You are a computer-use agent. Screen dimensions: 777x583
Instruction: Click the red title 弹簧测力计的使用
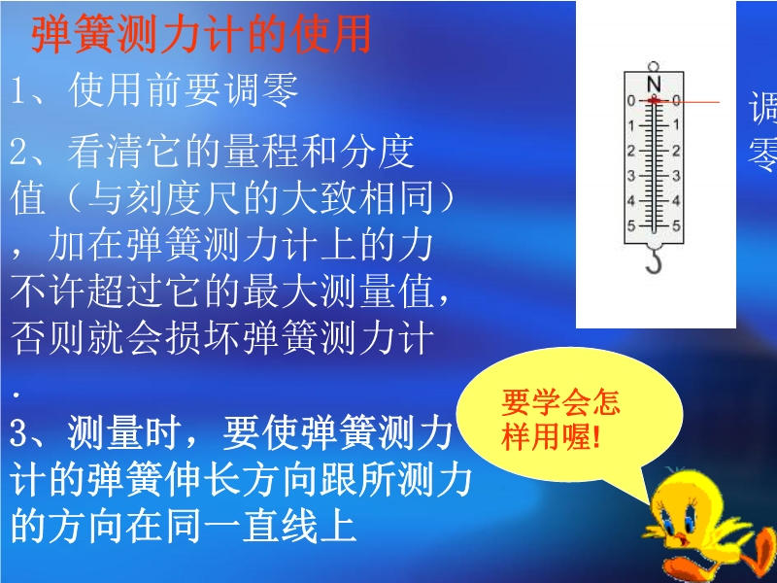click(x=201, y=35)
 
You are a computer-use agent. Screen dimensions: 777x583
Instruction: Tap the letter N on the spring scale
click(x=654, y=84)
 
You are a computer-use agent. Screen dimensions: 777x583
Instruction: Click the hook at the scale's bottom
click(x=654, y=261)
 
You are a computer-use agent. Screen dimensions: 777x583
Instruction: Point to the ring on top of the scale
click(x=654, y=67)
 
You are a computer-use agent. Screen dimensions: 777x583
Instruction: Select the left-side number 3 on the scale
click(x=630, y=176)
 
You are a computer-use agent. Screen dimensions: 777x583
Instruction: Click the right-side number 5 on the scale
click(x=676, y=226)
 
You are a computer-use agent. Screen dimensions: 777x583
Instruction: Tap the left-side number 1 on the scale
click(x=630, y=125)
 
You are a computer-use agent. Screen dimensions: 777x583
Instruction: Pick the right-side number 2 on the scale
click(x=676, y=151)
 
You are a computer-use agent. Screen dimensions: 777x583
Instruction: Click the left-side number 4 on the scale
click(x=630, y=201)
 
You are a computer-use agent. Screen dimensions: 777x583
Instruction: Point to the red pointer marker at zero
click(x=654, y=101)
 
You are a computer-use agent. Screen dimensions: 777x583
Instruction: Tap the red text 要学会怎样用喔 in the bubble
click(x=560, y=420)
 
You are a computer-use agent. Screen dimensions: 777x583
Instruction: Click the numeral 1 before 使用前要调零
click(x=17, y=90)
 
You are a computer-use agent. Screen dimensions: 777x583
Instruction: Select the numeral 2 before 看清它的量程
click(x=18, y=153)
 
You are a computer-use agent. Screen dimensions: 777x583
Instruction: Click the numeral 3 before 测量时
click(x=18, y=432)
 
